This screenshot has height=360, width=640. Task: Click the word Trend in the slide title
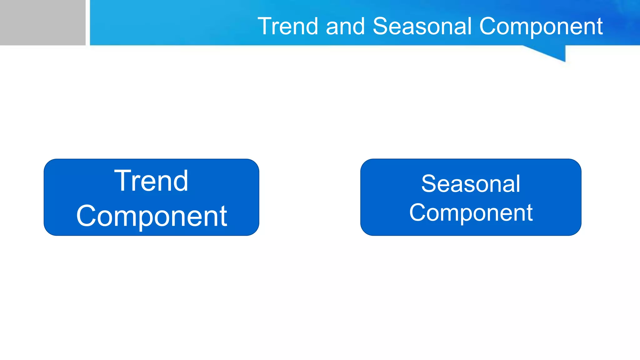click(287, 26)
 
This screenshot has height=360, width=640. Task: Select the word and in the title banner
click(345, 26)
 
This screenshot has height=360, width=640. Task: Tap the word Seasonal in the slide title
click(422, 26)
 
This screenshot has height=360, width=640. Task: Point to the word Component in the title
click(541, 27)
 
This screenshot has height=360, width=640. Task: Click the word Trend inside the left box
click(151, 181)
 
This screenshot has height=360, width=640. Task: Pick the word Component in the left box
click(152, 216)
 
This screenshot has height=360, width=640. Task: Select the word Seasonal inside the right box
click(471, 184)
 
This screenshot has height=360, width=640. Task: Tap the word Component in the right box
click(471, 213)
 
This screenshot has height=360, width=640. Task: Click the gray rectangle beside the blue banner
click(42, 22)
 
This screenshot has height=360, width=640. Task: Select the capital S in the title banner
click(381, 26)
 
